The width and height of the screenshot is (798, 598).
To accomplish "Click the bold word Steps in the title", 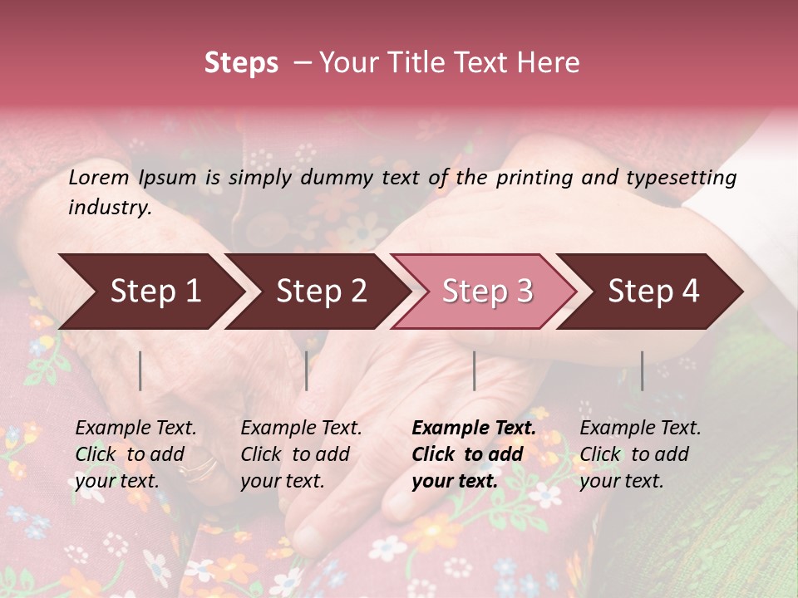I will [241, 63].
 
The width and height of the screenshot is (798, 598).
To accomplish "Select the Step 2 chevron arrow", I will [316, 292].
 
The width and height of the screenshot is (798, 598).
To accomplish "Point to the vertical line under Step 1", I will [140, 370].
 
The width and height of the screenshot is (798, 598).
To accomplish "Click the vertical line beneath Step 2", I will [307, 370].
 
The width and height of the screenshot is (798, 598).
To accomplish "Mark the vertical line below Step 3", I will [474, 370].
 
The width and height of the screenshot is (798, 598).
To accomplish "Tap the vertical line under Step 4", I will [642, 370].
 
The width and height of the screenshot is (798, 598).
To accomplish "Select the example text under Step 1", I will [135, 454].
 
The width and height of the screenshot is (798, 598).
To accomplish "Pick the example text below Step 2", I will [301, 454].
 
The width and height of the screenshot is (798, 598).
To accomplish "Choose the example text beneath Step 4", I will [640, 454].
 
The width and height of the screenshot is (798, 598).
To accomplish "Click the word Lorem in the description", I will [99, 177].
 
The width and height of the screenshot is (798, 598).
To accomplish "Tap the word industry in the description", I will [110, 208].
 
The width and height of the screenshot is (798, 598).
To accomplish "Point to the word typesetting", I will [681, 178].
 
